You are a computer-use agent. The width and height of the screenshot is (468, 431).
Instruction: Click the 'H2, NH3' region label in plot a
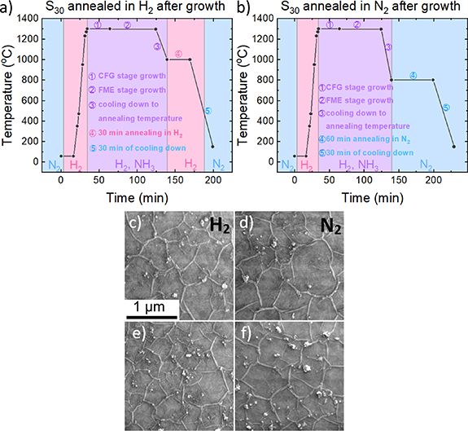[x=135, y=165]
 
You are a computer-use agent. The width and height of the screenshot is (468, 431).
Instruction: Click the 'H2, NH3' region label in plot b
[x=355, y=165]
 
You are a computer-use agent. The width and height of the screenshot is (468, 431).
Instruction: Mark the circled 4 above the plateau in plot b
[x=413, y=75]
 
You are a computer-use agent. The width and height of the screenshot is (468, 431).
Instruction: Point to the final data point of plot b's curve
[x=453, y=147]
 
